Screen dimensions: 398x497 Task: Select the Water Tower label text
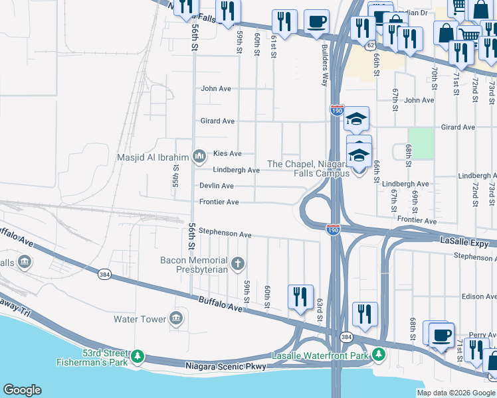[140, 319]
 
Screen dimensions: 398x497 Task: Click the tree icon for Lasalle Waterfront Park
[378, 355]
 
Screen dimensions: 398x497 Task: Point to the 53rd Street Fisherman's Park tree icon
[138, 356]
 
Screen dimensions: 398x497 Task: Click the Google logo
[22, 390]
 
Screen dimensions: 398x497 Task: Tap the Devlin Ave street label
[217, 186]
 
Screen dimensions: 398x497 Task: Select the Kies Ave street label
[227, 153]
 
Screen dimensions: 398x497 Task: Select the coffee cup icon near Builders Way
[317, 21]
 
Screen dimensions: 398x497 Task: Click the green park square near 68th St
[421, 143]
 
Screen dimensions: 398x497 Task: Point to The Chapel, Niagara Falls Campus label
[308, 168]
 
